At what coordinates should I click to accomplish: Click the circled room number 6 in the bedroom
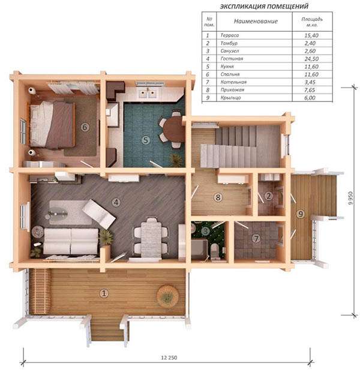pos(85,127)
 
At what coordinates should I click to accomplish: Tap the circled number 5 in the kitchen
pos(146,140)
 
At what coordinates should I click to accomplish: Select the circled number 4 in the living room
pos(116,202)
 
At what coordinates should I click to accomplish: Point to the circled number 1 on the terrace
pos(104,293)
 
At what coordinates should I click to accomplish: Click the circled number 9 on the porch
pos(301,214)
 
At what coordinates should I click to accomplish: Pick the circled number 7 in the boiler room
pos(256,238)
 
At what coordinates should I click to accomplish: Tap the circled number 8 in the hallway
pos(218,197)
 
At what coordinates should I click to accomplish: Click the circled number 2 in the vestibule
pos(269,196)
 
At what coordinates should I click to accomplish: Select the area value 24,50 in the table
pos(311,59)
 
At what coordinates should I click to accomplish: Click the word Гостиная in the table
pos(232,58)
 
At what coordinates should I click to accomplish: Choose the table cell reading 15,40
pos(311,35)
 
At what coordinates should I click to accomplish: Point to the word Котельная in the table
pos(233,82)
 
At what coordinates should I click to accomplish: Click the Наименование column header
pos(256,21)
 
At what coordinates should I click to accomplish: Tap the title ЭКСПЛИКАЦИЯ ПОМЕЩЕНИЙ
pos(264,6)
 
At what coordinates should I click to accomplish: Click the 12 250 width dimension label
pos(169,358)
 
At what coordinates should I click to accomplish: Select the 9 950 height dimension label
pos(350,199)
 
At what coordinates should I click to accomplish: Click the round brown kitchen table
pos(174,130)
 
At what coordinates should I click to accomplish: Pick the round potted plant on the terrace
pos(167,296)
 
